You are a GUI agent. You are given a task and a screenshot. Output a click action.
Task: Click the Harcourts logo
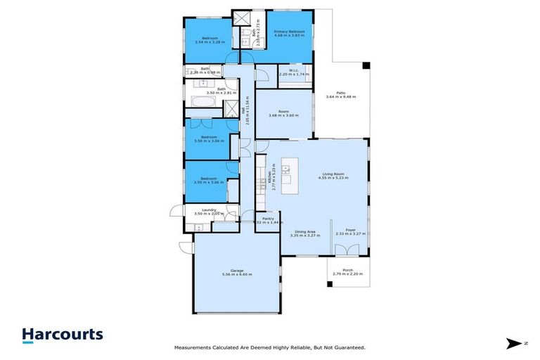[62, 335]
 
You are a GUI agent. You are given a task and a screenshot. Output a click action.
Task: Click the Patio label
[340, 92]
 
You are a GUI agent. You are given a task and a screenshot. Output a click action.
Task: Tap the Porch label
[347, 270]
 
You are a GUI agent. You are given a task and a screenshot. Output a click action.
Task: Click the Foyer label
[349, 230]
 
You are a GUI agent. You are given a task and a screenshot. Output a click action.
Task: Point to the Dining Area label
[304, 231]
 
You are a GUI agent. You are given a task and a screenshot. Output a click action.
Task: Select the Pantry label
[268, 219]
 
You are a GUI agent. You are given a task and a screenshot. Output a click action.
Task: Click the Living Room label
[333, 174]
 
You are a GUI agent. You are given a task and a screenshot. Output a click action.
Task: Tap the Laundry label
[208, 210]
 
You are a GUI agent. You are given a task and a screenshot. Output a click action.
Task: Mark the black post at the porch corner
[329, 285]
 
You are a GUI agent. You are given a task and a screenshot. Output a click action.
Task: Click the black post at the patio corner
[365, 66]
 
